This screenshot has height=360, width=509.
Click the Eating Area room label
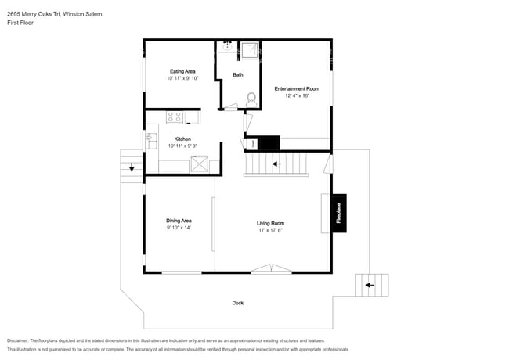coord(182,71)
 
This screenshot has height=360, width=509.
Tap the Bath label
coord(238,75)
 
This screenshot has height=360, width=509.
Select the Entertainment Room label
coord(297,89)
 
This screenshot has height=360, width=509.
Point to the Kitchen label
coord(182,139)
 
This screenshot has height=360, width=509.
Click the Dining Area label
coord(179,221)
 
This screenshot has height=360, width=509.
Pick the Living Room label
coord(270,224)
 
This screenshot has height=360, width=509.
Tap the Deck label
coord(238,303)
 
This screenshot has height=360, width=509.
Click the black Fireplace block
coord(339,214)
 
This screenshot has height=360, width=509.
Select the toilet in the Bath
coord(251,100)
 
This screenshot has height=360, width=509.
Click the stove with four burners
coord(175,117)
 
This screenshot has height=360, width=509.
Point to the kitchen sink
coord(151,141)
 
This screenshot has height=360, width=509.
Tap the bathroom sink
coord(227,47)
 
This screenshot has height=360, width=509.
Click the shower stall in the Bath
coord(250,50)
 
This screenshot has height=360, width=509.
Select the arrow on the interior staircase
coord(276,164)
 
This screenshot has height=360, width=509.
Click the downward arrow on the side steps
coord(132,167)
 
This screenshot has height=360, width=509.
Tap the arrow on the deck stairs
coord(370,286)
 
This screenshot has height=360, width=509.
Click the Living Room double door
coord(272,269)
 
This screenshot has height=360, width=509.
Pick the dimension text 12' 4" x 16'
coord(297,95)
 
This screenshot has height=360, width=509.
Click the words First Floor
coord(20,23)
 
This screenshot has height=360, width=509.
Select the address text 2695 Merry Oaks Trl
coord(34,14)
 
